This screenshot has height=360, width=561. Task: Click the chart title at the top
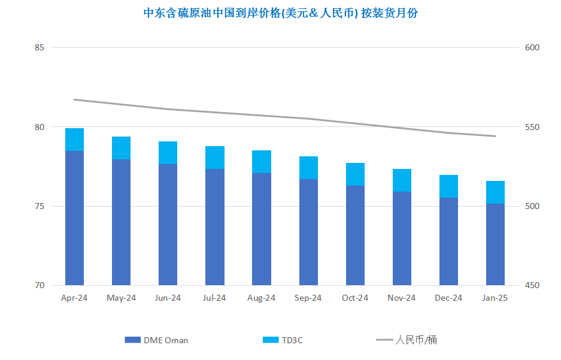281,13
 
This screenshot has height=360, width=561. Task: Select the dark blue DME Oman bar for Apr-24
74,218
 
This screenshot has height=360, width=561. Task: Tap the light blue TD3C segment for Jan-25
495,192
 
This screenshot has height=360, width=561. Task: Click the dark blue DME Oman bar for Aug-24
262,229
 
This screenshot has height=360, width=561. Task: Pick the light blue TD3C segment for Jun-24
168,153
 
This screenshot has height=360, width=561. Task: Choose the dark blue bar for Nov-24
402,238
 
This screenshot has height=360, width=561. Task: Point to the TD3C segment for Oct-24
355,174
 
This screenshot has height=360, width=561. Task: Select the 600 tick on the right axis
532,48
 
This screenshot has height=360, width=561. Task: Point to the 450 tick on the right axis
532,286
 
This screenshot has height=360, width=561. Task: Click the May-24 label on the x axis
121,298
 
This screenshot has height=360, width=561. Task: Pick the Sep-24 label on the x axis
308,298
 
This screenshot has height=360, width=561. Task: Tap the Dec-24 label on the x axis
448,298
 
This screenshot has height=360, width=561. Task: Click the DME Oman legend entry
157,340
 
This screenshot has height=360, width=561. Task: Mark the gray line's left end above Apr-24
74,99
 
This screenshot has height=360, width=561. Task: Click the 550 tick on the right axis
532,128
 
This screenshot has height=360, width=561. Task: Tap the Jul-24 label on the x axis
214,298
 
